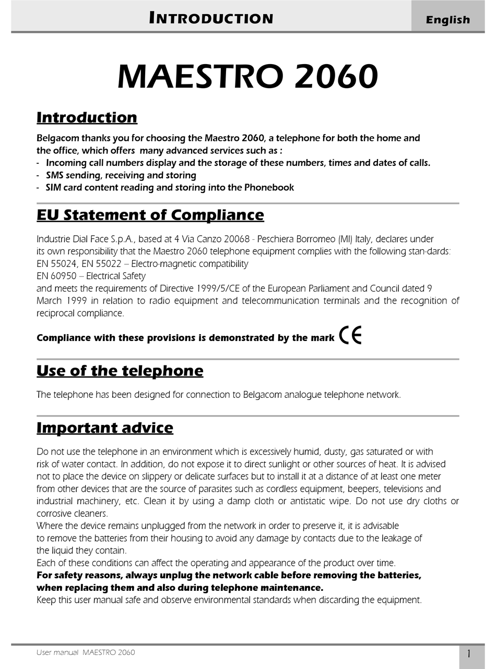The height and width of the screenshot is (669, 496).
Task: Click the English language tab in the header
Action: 448,20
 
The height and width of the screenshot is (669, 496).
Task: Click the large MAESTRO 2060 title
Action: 247,77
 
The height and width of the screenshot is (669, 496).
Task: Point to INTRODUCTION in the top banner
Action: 211,19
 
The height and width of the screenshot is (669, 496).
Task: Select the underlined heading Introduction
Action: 87,117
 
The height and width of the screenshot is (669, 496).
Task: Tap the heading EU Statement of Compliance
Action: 150,215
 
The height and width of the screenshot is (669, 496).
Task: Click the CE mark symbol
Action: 350,336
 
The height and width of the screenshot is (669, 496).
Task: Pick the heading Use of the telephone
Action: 120,371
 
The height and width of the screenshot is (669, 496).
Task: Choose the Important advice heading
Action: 104,428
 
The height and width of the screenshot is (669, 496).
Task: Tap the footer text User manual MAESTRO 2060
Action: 86,652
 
